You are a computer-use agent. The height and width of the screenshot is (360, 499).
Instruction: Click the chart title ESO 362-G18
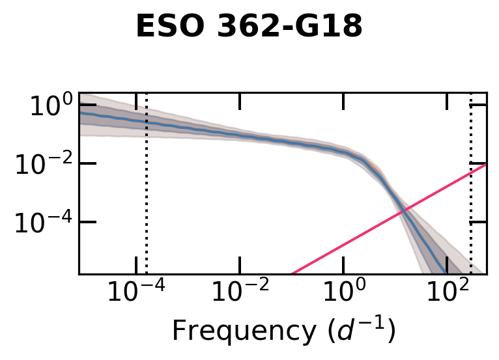[249, 27]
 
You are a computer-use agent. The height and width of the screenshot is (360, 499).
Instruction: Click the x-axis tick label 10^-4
[135, 294]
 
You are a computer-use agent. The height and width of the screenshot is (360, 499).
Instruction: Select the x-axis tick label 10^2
[447, 294]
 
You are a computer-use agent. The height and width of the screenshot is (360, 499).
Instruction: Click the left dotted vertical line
[146, 195]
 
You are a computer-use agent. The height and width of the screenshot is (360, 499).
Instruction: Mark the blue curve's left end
[80, 112]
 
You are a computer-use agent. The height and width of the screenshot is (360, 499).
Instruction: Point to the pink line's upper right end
[485, 165]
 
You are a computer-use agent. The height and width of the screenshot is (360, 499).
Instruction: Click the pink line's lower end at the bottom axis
[292, 273]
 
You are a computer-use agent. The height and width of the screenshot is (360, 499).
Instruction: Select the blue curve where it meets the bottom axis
[446, 273]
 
